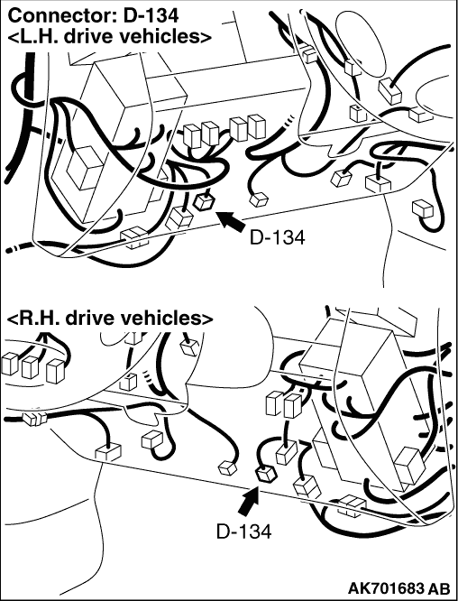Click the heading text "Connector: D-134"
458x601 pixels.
93,15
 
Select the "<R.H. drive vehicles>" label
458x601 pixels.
109,319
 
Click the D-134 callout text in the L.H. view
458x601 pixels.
278,237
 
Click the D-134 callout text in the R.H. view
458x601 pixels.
244,532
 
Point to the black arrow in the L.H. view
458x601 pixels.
232,221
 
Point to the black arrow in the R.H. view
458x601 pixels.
249,501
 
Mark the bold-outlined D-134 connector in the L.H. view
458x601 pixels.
203,201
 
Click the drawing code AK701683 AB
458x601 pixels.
399,588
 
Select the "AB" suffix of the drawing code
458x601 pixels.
440,588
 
